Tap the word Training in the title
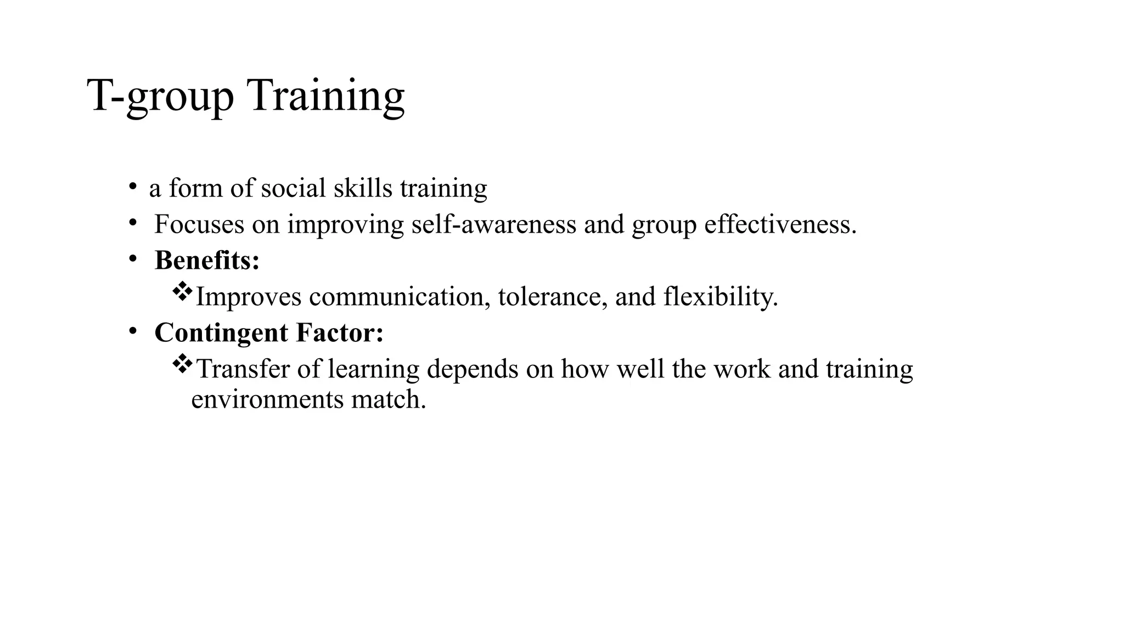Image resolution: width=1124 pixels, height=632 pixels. point(327,96)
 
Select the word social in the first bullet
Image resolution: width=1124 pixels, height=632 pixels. point(293,188)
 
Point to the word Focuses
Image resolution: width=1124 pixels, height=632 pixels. point(199,224)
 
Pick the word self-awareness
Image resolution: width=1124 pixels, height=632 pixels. point(494,224)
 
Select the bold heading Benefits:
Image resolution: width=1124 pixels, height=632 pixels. point(207,261)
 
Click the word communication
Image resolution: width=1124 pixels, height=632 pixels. point(400,297)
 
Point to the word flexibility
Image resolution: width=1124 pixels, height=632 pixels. point(721,297)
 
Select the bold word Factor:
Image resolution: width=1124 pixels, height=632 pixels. point(340,333)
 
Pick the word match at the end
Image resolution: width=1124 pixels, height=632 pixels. point(388,399)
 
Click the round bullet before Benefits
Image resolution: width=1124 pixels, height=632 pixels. point(132,259)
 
